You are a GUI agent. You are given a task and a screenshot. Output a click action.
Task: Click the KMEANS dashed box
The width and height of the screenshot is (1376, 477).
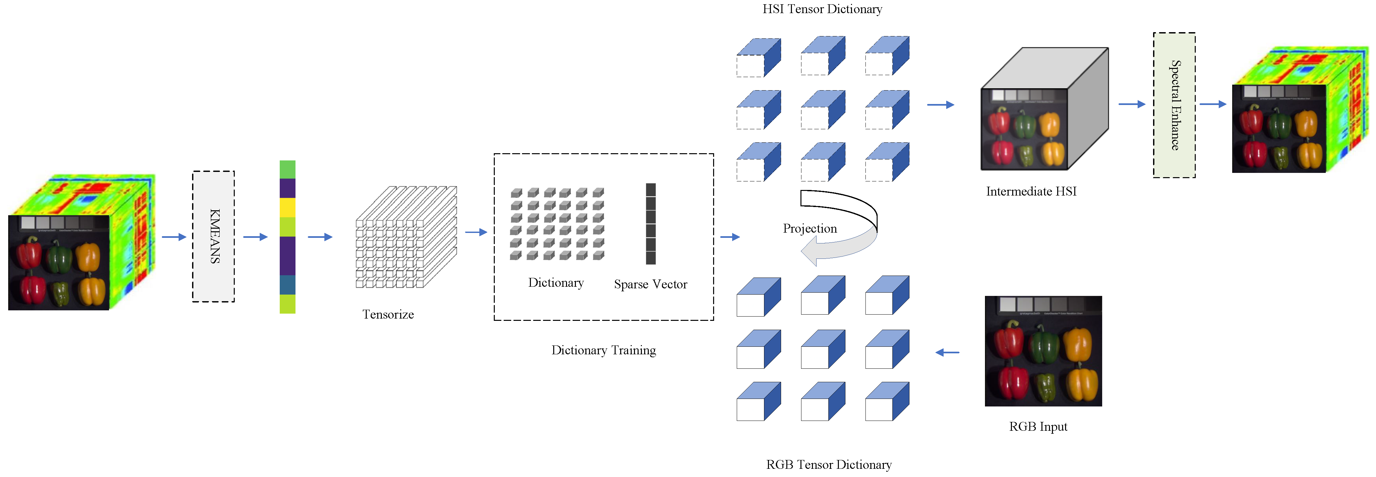213,236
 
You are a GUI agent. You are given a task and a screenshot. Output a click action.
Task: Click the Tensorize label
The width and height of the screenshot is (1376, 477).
388,314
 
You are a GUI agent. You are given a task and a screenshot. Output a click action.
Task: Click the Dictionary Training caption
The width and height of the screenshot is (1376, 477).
603,350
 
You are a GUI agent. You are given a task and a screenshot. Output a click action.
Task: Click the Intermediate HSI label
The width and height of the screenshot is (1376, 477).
1031,191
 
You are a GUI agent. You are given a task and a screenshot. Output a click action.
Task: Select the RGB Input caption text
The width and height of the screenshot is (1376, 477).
1037,426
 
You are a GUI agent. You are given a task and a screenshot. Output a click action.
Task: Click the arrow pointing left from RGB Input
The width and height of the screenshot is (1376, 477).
948,352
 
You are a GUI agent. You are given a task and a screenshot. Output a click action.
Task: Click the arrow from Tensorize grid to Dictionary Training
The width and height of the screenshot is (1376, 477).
475,232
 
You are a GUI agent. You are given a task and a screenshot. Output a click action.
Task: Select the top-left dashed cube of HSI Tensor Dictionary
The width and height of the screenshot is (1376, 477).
758,58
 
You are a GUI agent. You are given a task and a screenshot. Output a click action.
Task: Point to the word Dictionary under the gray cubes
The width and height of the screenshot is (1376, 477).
556,283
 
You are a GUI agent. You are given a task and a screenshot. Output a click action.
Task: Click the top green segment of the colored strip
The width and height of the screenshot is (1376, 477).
287,169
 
